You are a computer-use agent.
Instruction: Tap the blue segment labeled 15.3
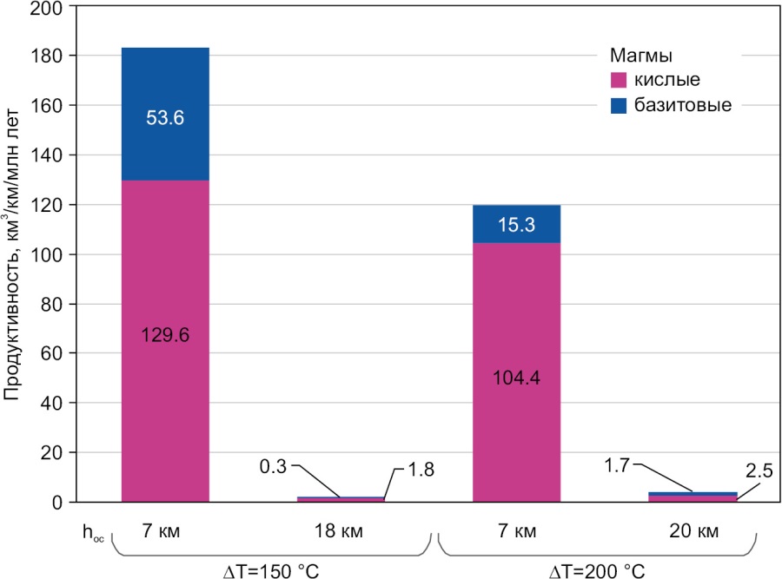[x=516, y=224]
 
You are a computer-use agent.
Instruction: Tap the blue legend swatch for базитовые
[x=620, y=106]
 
